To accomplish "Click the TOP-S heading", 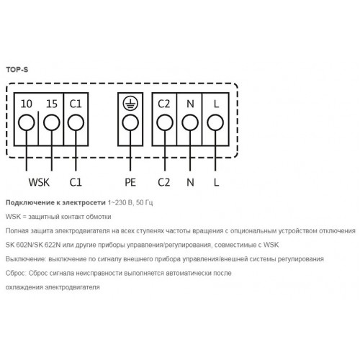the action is (17, 70).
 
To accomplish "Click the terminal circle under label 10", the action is (27, 122).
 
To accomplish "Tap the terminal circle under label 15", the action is (52, 122).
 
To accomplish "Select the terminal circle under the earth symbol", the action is (130, 122).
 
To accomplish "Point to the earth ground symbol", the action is (130, 104).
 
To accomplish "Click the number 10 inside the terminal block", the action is (27, 104).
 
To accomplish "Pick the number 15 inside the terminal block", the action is (52, 104).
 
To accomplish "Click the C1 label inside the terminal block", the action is (76, 104).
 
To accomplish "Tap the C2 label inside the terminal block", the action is (164, 104).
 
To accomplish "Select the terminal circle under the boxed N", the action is (190, 122).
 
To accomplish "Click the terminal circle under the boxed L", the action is (215, 122).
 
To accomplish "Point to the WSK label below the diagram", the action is (39, 182).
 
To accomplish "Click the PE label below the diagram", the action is (130, 182).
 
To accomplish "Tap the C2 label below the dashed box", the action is (164, 182).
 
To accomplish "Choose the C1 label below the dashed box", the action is (76, 182).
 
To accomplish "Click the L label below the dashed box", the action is (216, 182).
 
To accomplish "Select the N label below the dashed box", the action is (190, 182).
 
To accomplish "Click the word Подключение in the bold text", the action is (30, 203).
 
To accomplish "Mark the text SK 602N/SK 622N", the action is (33, 245).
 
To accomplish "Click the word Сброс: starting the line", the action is (15, 273).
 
